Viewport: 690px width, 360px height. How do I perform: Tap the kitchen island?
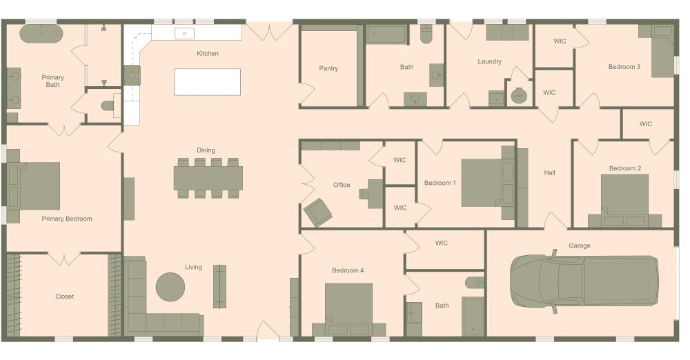[x=207, y=82]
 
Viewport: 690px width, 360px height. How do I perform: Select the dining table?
[x=208, y=178]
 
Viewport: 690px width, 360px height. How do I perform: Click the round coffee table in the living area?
[x=170, y=287]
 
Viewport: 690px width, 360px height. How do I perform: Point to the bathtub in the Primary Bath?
[x=41, y=34]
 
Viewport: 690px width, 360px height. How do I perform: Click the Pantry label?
[x=328, y=68]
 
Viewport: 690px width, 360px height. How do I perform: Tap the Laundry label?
[x=489, y=61]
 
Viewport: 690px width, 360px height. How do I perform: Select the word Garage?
[x=579, y=246]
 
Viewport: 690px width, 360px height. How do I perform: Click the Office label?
[x=342, y=185]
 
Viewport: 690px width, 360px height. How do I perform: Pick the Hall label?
[x=549, y=173]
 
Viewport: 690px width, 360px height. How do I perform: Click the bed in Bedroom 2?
[x=624, y=201]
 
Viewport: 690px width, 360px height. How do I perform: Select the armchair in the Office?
[x=317, y=212]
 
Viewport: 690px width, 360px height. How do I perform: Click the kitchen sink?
[x=185, y=33]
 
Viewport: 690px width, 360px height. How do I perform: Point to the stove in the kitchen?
[x=132, y=75]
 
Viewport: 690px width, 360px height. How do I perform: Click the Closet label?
[x=64, y=296]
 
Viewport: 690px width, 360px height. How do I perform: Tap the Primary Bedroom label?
[x=67, y=219]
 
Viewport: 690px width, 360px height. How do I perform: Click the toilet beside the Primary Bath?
[x=108, y=106]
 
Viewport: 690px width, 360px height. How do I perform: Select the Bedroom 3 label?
[x=624, y=67]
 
